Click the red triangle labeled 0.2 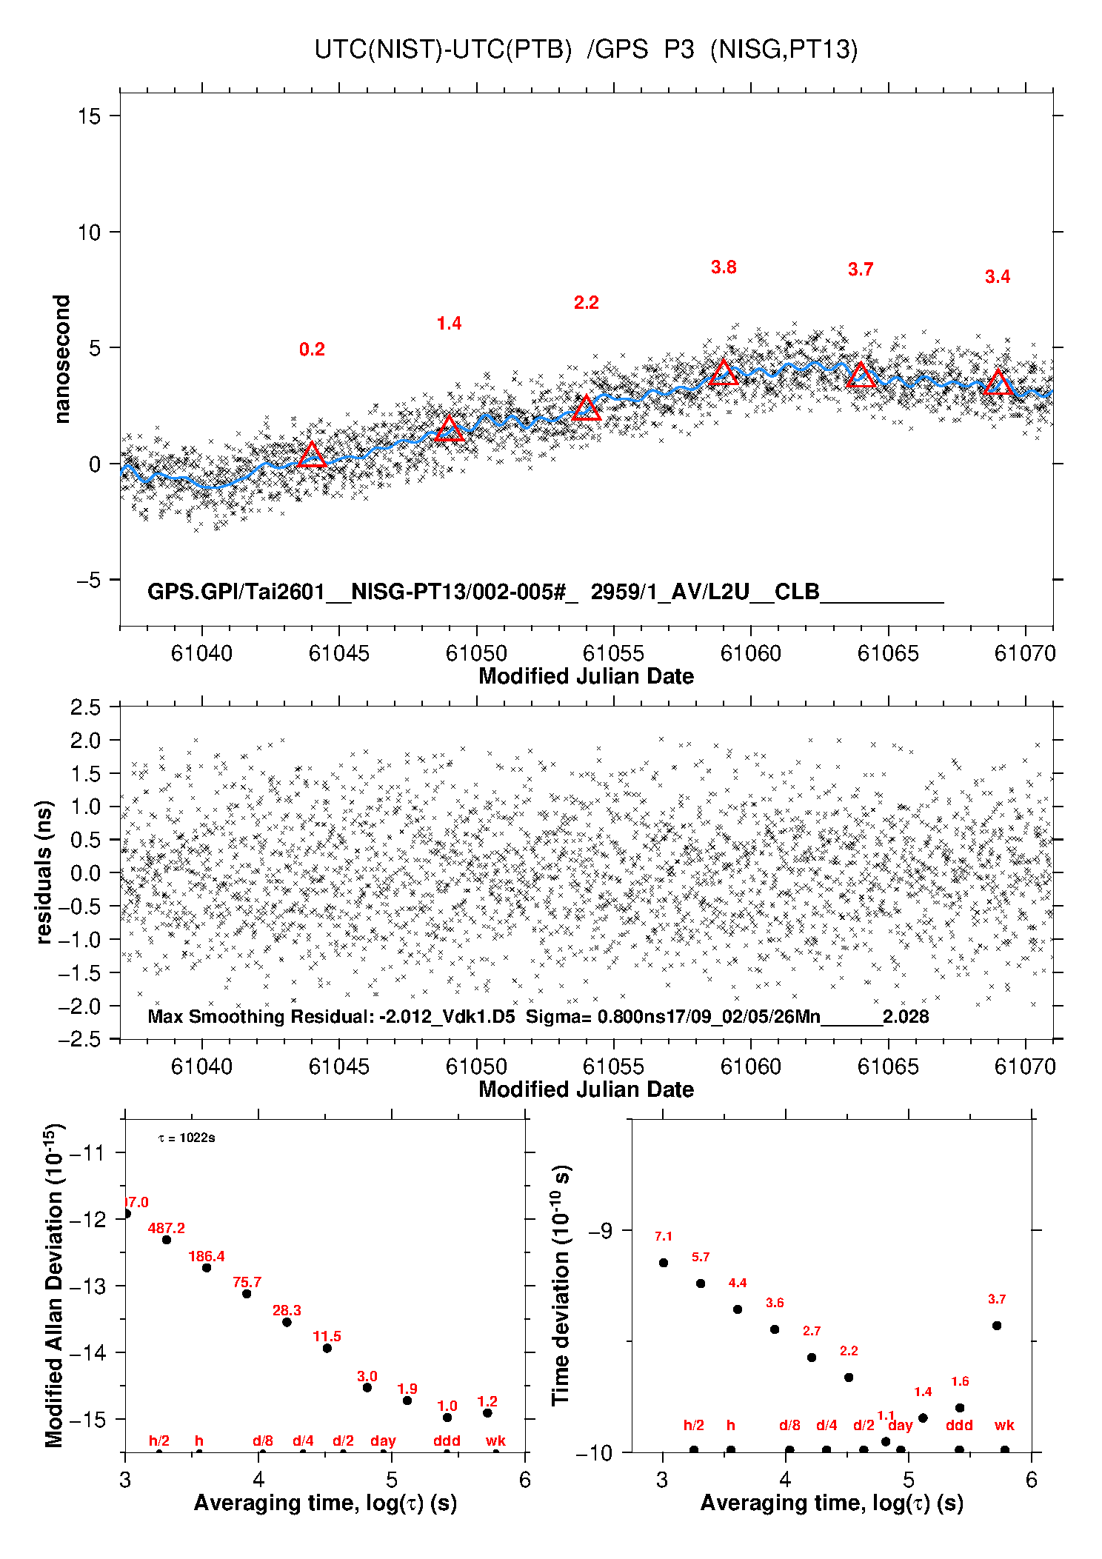[x=312, y=455]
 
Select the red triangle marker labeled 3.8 [x=724, y=373]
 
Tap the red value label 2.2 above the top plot [x=586, y=302]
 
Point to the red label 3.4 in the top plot [x=997, y=277]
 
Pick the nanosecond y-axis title [x=61, y=359]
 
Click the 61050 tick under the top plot [x=476, y=653]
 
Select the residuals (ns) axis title [x=44, y=872]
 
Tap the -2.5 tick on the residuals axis [x=85, y=1038]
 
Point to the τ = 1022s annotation [x=187, y=1138]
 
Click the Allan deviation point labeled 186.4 [x=207, y=1268]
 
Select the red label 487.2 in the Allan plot [x=167, y=1228]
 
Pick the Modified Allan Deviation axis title [x=53, y=1285]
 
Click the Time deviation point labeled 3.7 [x=997, y=1326]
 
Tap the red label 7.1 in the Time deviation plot [x=664, y=1237]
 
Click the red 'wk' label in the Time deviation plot [x=1004, y=1425]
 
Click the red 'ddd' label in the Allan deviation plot [x=447, y=1441]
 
